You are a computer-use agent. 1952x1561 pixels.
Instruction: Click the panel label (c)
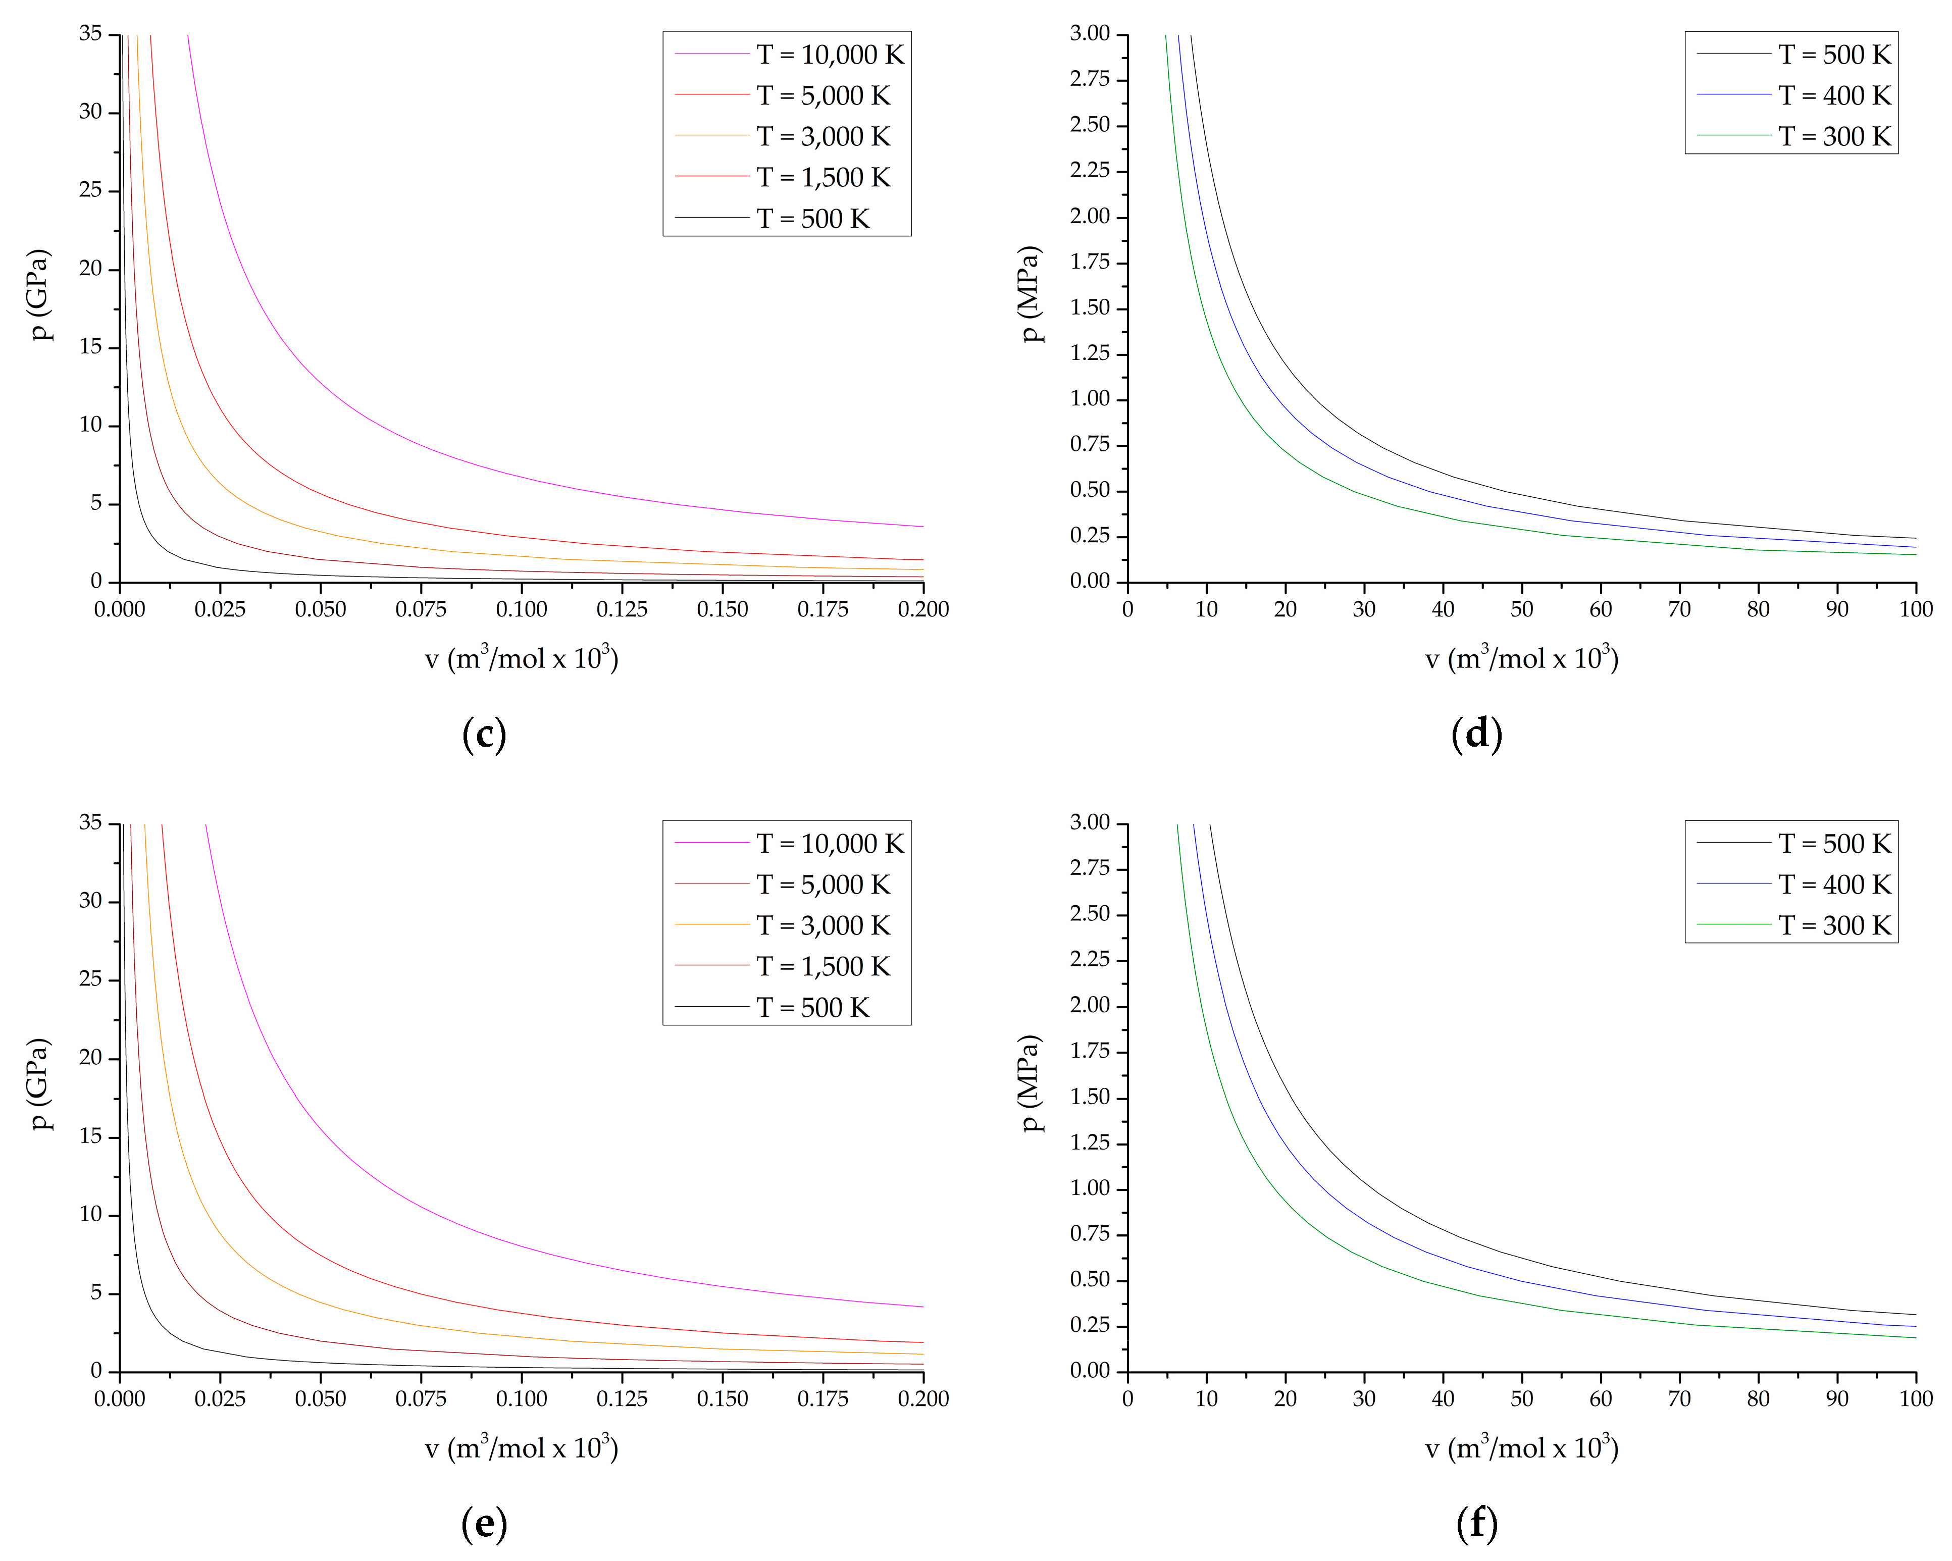click(x=484, y=734)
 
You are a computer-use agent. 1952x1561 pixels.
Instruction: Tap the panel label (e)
click(x=484, y=1523)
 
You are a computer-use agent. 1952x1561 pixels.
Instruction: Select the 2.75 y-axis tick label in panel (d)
click(x=1090, y=80)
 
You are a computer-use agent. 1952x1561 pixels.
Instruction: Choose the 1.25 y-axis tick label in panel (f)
click(x=1090, y=1142)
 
